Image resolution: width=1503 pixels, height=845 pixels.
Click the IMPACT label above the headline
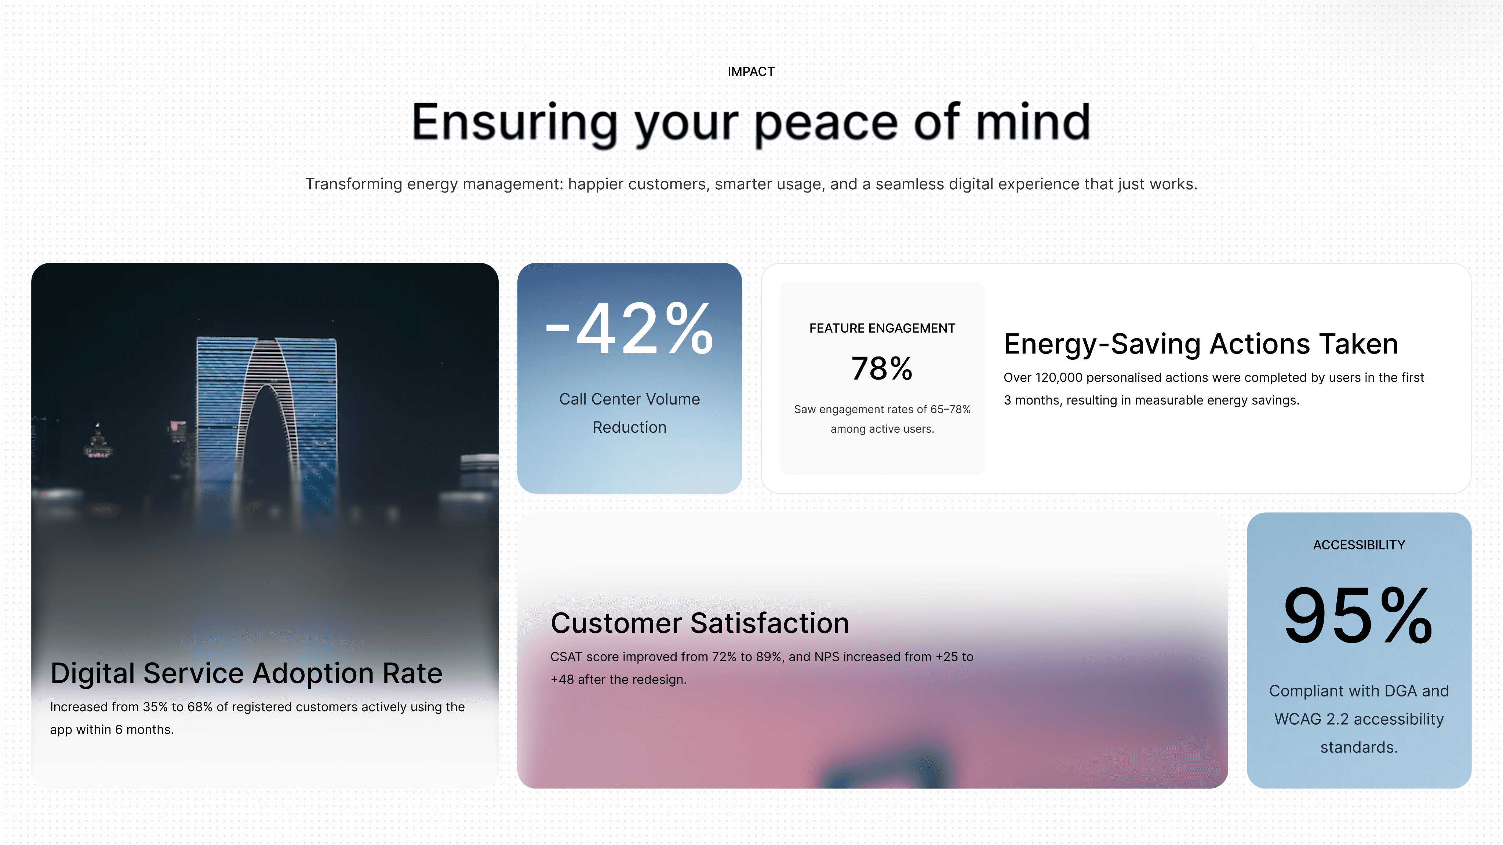[751, 72]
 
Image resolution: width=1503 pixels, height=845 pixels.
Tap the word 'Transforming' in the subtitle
[354, 184]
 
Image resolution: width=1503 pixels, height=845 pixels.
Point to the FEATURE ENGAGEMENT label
[882, 328]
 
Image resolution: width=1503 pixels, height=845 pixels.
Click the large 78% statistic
[882, 369]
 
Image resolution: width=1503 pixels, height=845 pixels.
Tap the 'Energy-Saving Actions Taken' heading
[1201, 344]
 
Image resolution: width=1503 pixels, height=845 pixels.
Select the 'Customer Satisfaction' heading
[699, 623]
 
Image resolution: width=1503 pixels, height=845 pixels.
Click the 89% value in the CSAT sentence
[768, 657]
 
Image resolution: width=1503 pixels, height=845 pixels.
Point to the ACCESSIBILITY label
[1359, 545]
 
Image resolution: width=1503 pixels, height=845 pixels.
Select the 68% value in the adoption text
[200, 707]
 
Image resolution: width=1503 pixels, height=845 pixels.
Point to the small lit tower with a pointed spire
[98, 440]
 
